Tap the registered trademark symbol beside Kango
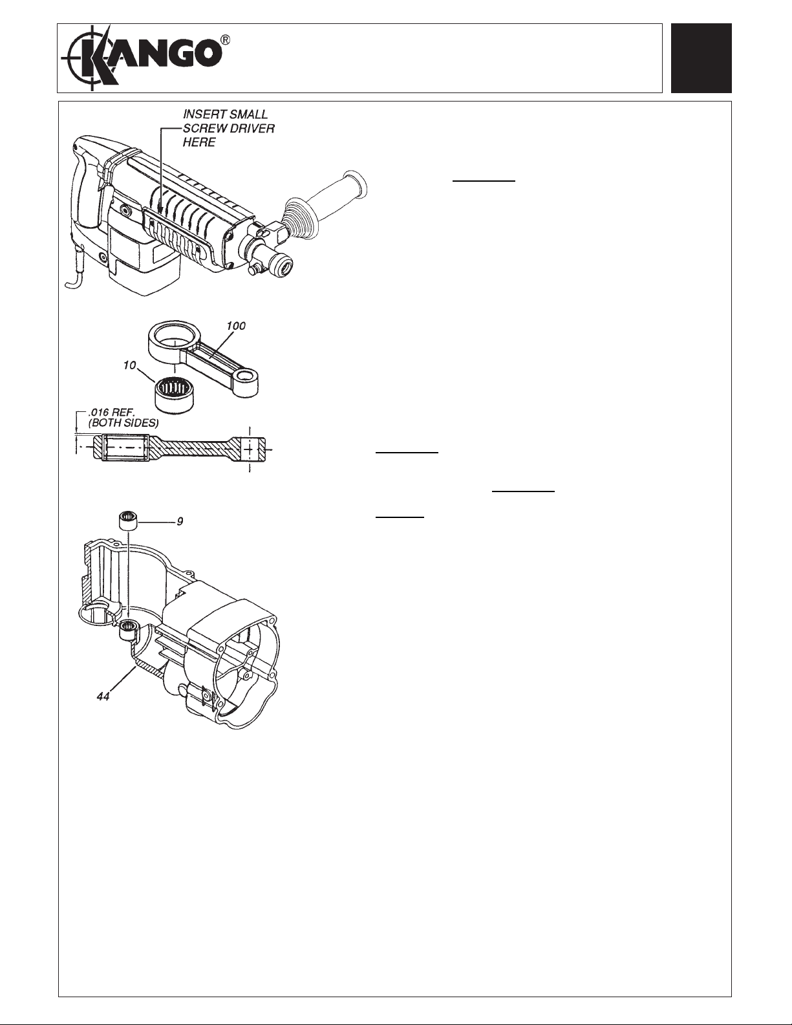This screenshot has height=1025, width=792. [226, 41]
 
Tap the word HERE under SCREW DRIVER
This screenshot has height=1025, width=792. [199, 142]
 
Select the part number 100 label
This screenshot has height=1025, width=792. [236, 326]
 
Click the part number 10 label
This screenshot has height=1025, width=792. [130, 365]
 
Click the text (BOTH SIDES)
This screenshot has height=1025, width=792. [123, 423]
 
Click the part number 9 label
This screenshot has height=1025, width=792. [180, 521]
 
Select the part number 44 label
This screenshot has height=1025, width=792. [103, 696]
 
